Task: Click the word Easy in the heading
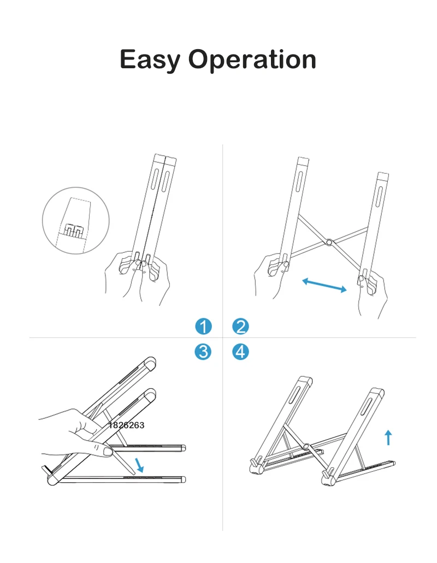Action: point(150,60)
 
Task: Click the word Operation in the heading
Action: point(252,60)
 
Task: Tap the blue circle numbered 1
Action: point(204,327)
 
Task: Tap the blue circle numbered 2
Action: point(240,327)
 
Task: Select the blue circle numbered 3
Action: point(203,352)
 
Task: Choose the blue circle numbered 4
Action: point(240,352)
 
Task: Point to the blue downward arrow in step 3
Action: point(139,465)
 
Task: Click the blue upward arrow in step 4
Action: point(388,437)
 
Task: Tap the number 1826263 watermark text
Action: point(126,425)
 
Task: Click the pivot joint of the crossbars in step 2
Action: point(329,242)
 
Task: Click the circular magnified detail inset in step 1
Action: point(76,221)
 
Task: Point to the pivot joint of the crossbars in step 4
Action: point(306,447)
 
